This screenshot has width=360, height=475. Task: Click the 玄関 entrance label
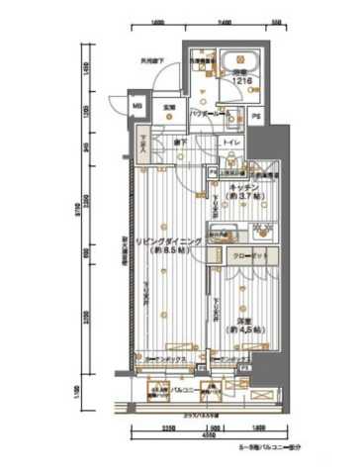169,106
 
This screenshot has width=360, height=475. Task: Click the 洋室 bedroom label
242,321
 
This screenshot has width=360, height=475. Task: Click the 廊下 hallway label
184,144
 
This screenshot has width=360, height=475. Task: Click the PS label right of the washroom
255,117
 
